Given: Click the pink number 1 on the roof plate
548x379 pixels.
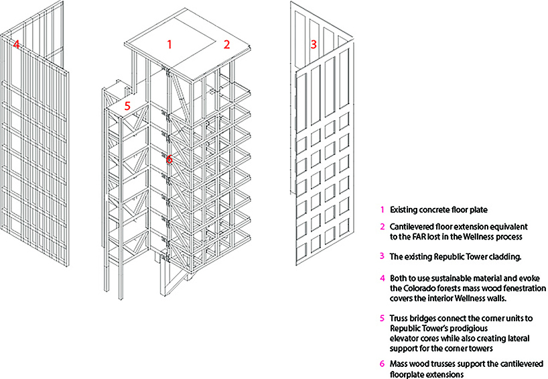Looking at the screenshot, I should click(169, 45).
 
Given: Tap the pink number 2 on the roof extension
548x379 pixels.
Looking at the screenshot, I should click(226, 45).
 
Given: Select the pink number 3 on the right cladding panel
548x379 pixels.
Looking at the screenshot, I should click(313, 45).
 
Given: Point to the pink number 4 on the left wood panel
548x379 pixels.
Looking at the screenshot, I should click(15, 45).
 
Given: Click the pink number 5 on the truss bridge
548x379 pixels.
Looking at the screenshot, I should click(127, 105).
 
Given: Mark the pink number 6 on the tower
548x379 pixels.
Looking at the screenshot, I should click(169, 160).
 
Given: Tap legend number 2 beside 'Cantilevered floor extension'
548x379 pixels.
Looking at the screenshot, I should click(382, 227).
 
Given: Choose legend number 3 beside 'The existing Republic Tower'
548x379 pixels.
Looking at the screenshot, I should click(382, 256).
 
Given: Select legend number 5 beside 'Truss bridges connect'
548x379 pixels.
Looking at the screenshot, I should click(382, 317).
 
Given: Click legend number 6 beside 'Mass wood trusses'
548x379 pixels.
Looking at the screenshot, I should click(382, 364).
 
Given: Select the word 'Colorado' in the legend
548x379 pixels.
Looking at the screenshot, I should click(419, 288).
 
